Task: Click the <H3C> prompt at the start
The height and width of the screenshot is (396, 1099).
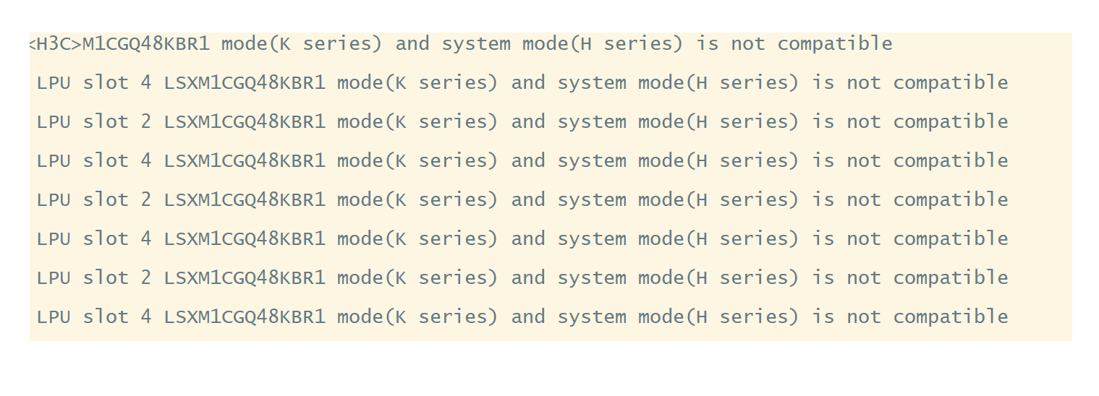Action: (x=55, y=44)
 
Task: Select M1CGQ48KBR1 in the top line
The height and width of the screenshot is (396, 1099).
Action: (x=146, y=44)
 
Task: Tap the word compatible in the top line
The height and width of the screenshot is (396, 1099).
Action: (x=835, y=44)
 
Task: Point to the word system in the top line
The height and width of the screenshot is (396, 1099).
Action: (x=476, y=44)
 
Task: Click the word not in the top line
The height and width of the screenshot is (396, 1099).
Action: (x=748, y=44)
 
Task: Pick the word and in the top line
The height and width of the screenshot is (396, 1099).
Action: (x=412, y=44)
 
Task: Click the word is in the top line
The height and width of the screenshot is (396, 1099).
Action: (x=708, y=44)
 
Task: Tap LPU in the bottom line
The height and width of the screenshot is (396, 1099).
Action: (x=54, y=317)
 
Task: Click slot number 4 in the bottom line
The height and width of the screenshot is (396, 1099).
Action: (x=146, y=317)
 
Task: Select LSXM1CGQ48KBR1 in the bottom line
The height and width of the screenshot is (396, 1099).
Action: (x=245, y=317)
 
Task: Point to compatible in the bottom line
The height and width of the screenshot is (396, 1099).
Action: (x=951, y=317)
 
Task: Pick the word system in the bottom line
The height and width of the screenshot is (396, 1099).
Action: (x=592, y=317)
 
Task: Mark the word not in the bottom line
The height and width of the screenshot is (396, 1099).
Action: (x=864, y=317)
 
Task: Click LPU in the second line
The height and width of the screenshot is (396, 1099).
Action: (x=54, y=83)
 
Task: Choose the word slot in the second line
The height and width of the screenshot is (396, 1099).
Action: (x=106, y=83)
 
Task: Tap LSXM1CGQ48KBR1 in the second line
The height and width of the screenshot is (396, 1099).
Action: (x=245, y=83)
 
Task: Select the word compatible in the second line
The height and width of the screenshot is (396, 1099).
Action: (x=951, y=83)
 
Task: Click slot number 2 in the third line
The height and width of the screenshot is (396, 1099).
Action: (x=146, y=122)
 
